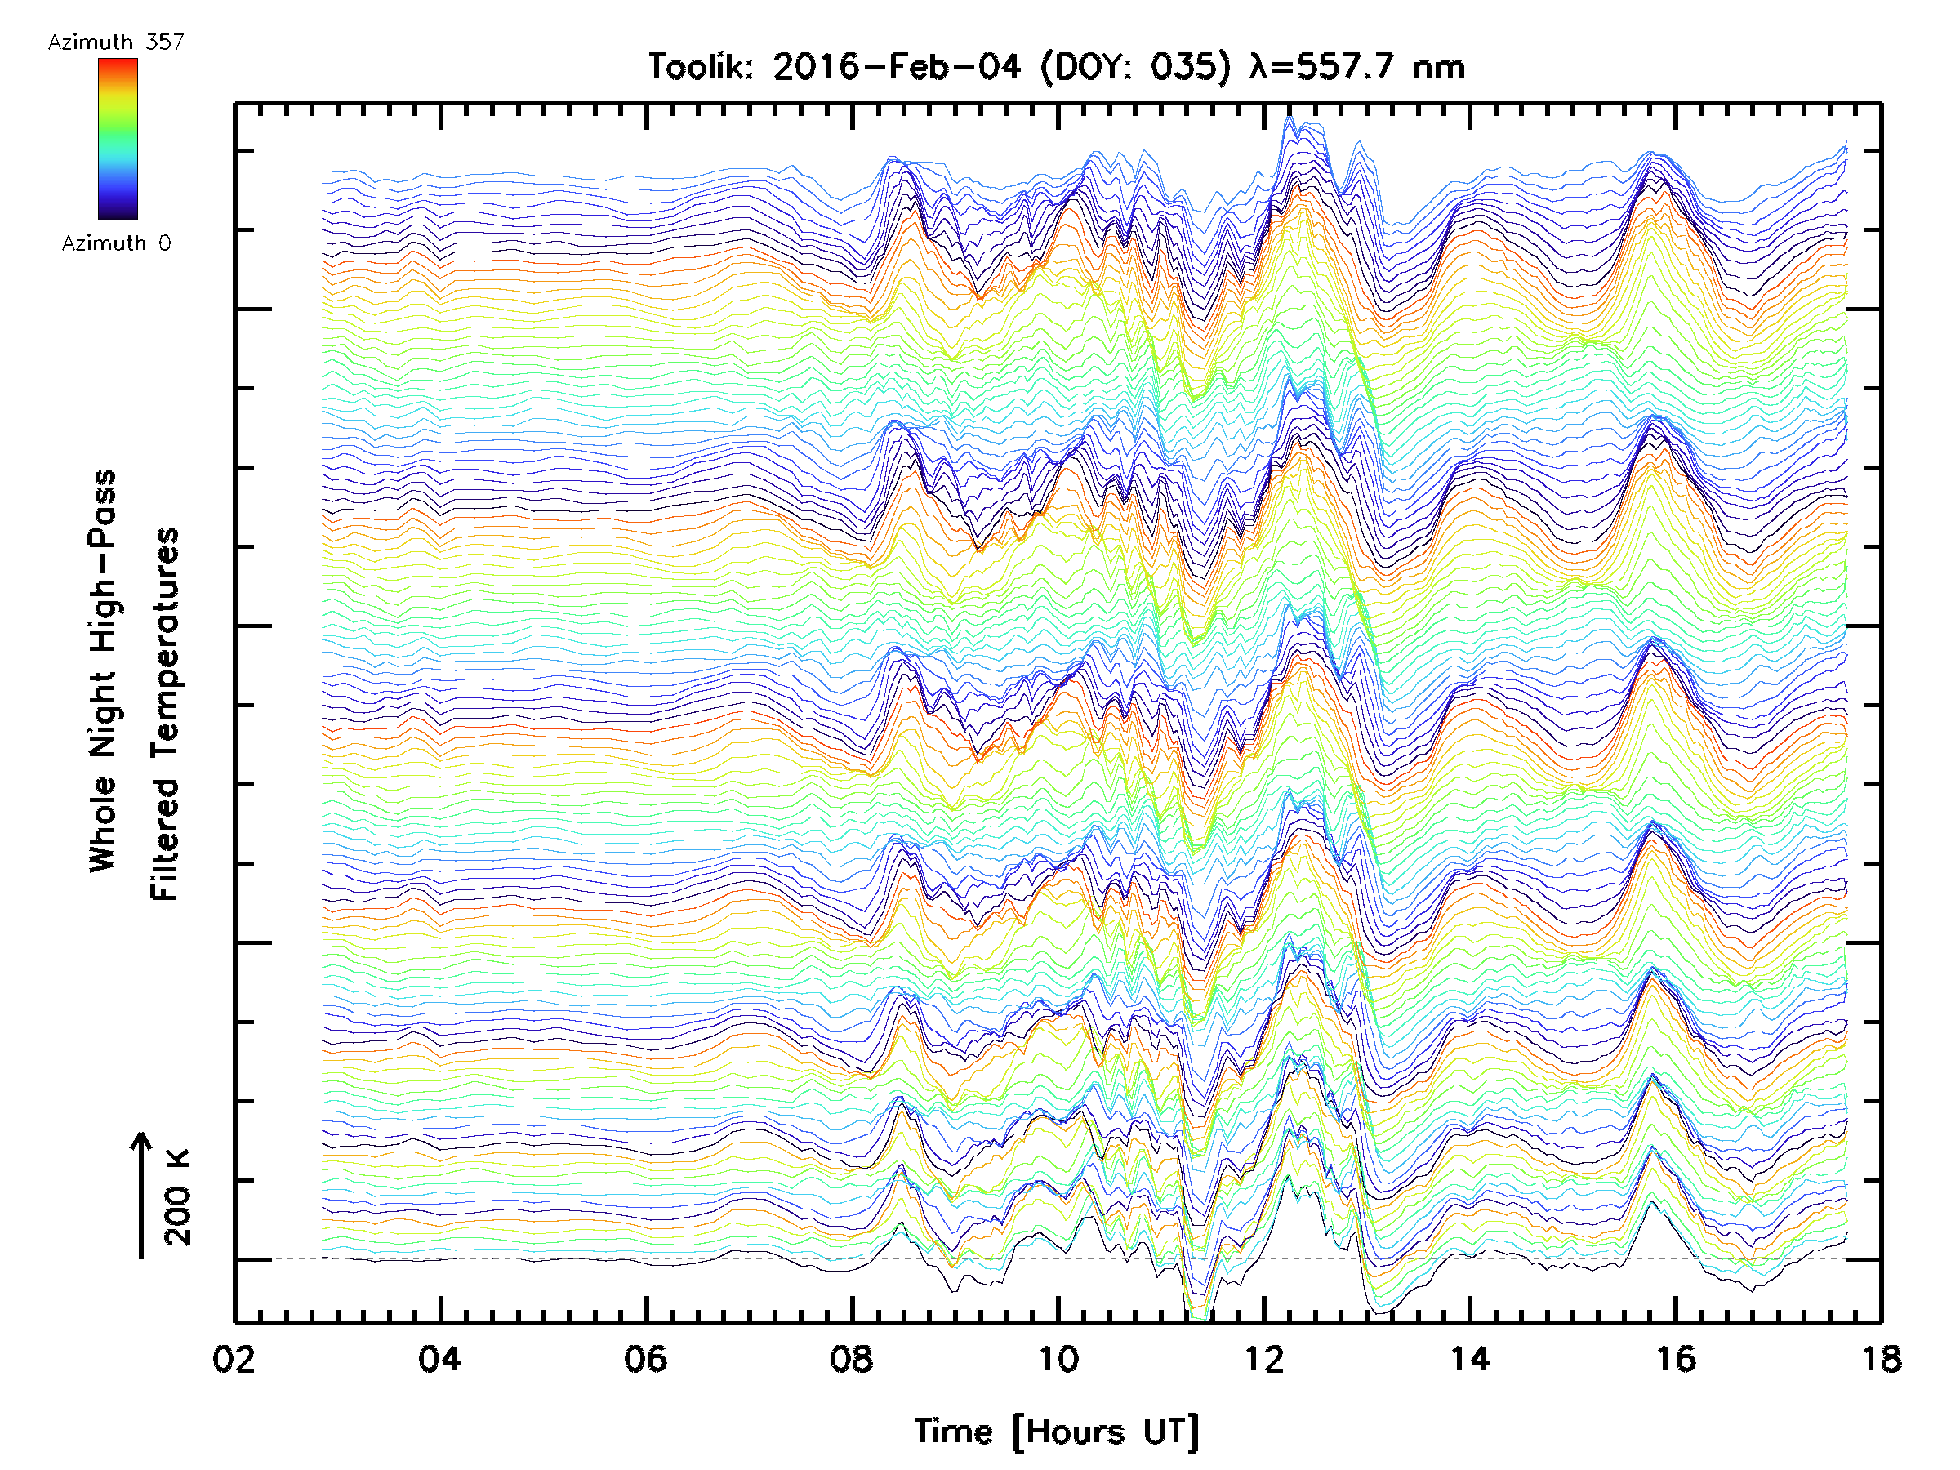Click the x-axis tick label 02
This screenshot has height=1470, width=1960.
point(234,1359)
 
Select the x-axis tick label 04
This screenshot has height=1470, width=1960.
point(439,1359)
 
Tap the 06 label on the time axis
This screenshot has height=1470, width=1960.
point(645,1359)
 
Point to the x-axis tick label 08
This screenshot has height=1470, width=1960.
point(852,1359)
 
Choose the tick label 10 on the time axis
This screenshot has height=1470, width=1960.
point(1058,1359)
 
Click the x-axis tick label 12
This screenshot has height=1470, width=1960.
point(1263,1359)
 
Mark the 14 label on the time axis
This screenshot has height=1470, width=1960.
point(1469,1359)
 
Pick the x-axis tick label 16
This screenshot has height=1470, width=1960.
point(1676,1359)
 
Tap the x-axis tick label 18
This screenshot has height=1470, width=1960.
point(1881,1359)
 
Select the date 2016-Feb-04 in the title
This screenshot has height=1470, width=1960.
point(896,67)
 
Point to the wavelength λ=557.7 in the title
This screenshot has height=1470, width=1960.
point(1324,67)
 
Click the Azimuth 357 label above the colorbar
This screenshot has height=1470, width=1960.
point(116,42)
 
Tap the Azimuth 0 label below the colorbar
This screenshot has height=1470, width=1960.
point(116,243)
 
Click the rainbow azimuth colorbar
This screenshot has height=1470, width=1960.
point(118,139)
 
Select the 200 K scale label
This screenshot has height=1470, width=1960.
point(178,1197)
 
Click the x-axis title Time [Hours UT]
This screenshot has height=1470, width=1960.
point(1057,1432)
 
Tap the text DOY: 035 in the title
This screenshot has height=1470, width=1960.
point(1135,67)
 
